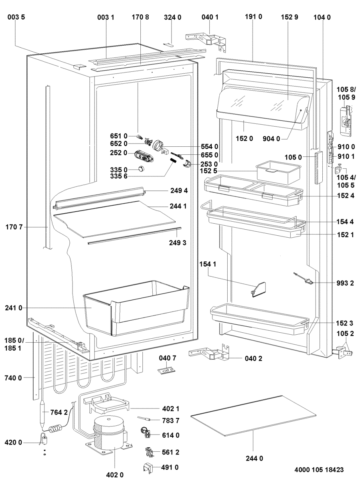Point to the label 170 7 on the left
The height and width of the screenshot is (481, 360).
pos(15,227)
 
